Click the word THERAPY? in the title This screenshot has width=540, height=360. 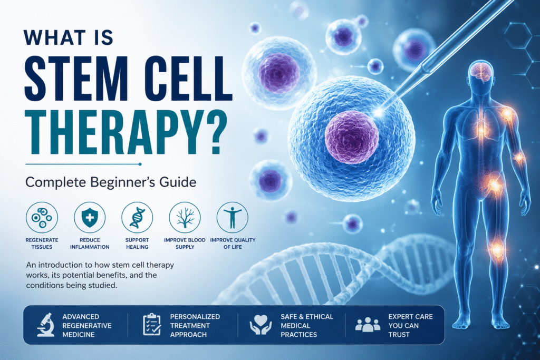pos(127,132)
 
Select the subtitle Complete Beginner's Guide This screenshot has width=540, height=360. pos(111,182)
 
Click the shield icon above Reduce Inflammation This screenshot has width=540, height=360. pos(90,218)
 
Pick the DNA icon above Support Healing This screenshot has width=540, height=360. pos(137,218)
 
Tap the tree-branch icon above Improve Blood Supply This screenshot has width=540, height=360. pos(185,218)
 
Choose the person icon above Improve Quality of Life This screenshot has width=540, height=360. pos(233,218)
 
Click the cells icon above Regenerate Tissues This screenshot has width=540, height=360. pos(42,218)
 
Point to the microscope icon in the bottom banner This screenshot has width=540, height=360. pos(46,325)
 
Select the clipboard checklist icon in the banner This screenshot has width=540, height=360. pos(152,325)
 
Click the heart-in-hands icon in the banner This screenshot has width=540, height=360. pos(261,325)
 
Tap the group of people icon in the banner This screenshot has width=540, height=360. pos(368,325)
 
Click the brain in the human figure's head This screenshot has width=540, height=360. pos(481,73)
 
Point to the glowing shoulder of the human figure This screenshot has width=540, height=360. pos(507,113)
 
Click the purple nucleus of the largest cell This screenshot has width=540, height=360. pos(352,137)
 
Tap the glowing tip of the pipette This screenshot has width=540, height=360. pos(380,112)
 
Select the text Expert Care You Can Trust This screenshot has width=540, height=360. pos(410,326)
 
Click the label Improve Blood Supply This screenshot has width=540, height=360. pos(185,244)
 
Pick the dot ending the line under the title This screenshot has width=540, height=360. pos(140,164)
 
